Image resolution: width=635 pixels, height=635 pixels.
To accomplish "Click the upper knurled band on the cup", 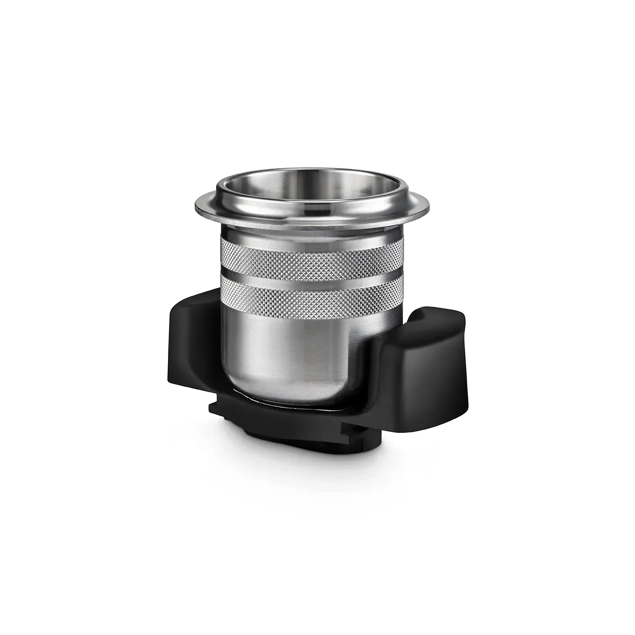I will (x=311, y=253).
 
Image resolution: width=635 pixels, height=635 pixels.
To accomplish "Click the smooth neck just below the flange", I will (x=311, y=231).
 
